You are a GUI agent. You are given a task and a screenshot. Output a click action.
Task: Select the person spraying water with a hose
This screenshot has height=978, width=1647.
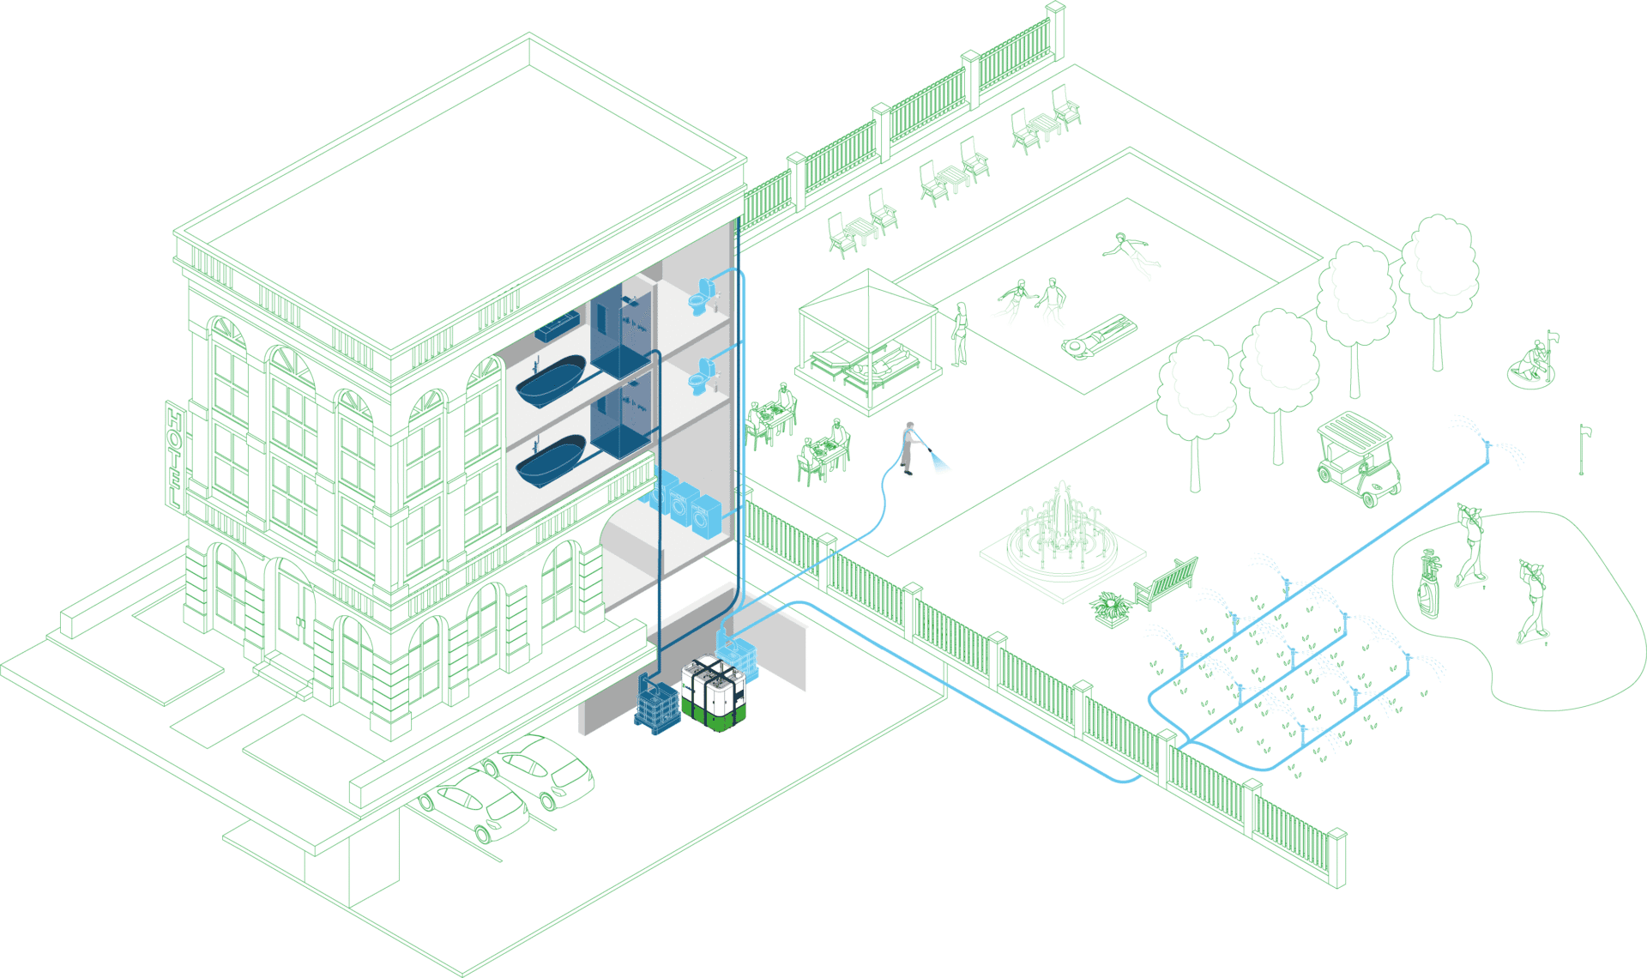(909, 446)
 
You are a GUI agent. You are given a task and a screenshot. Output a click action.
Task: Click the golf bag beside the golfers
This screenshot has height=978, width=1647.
(1427, 583)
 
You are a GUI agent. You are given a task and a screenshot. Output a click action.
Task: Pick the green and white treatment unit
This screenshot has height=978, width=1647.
(714, 693)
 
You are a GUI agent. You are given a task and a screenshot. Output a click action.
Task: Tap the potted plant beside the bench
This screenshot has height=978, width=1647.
(1111, 607)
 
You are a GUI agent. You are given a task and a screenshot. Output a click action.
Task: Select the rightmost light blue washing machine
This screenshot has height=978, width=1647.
(706, 517)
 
